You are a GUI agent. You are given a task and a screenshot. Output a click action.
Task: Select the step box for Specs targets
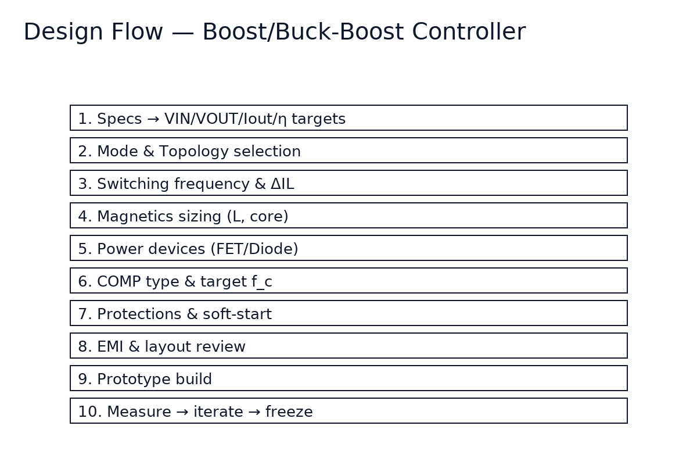[x=348, y=118]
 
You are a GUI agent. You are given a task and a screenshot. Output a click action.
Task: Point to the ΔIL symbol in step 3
[x=282, y=184]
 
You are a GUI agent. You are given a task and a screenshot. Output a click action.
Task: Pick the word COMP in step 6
[x=118, y=282]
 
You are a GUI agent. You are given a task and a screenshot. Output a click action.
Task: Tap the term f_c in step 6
[x=261, y=282]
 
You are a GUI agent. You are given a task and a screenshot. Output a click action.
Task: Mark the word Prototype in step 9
[x=131, y=380]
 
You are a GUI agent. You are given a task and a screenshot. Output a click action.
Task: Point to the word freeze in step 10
[x=289, y=412]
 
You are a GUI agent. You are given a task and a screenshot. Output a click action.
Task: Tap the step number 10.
[x=88, y=412]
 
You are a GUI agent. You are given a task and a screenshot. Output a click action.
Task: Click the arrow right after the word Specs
[x=153, y=119]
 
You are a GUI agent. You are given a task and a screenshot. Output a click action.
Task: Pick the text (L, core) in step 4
[x=258, y=217]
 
